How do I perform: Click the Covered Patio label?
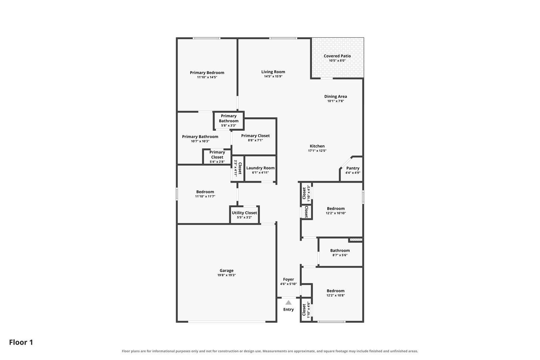[337, 56]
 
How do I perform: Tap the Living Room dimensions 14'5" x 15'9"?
[273, 76]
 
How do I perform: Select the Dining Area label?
[336, 96]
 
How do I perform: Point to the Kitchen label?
[317, 146]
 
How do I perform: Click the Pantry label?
[353, 168]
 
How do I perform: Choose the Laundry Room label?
[260, 168]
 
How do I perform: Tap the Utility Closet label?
[244, 213]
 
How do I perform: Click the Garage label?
[226, 271]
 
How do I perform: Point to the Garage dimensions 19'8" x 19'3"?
[226, 275]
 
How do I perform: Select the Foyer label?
[288, 279]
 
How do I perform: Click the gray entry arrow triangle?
[288, 303]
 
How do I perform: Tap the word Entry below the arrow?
[288, 309]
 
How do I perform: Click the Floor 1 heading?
[21, 342]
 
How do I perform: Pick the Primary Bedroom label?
[207, 73]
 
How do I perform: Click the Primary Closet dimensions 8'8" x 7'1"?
[255, 140]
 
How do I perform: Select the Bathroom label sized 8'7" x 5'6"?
[340, 251]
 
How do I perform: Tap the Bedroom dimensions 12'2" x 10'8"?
[336, 295]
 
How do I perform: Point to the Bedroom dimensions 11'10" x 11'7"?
[205, 197]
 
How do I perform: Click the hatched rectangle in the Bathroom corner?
[356, 240]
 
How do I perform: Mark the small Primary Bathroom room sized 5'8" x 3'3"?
[229, 121]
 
